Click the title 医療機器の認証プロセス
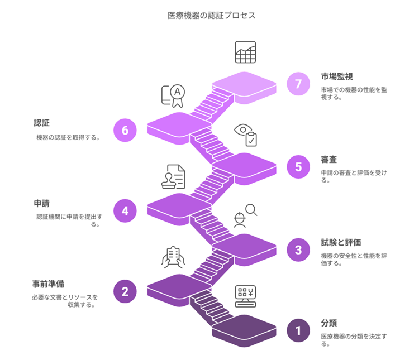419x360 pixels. click(211, 16)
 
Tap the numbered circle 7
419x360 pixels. click(298, 84)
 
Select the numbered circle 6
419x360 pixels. click(125, 130)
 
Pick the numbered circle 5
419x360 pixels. click(298, 167)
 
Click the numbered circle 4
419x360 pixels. click(125, 211)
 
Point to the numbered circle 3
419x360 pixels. click(298, 250)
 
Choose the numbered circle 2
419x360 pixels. click(125, 291)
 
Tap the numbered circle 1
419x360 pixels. click(298, 330)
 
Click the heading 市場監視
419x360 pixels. click(337, 76)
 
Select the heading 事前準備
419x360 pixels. click(48, 284)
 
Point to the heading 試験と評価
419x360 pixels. click(341, 242)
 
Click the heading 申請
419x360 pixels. click(42, 204)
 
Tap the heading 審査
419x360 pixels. click(328, 160)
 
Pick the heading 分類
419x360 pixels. click(328, 323)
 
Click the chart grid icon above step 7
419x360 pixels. click(245, 52)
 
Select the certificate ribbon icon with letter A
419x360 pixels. click(173, 96)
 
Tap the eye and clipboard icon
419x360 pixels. click(246, 135)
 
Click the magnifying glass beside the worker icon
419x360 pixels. click(251, 210)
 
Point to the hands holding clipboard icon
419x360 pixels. click(173, 257)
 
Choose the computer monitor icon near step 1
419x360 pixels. click(245, 296)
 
